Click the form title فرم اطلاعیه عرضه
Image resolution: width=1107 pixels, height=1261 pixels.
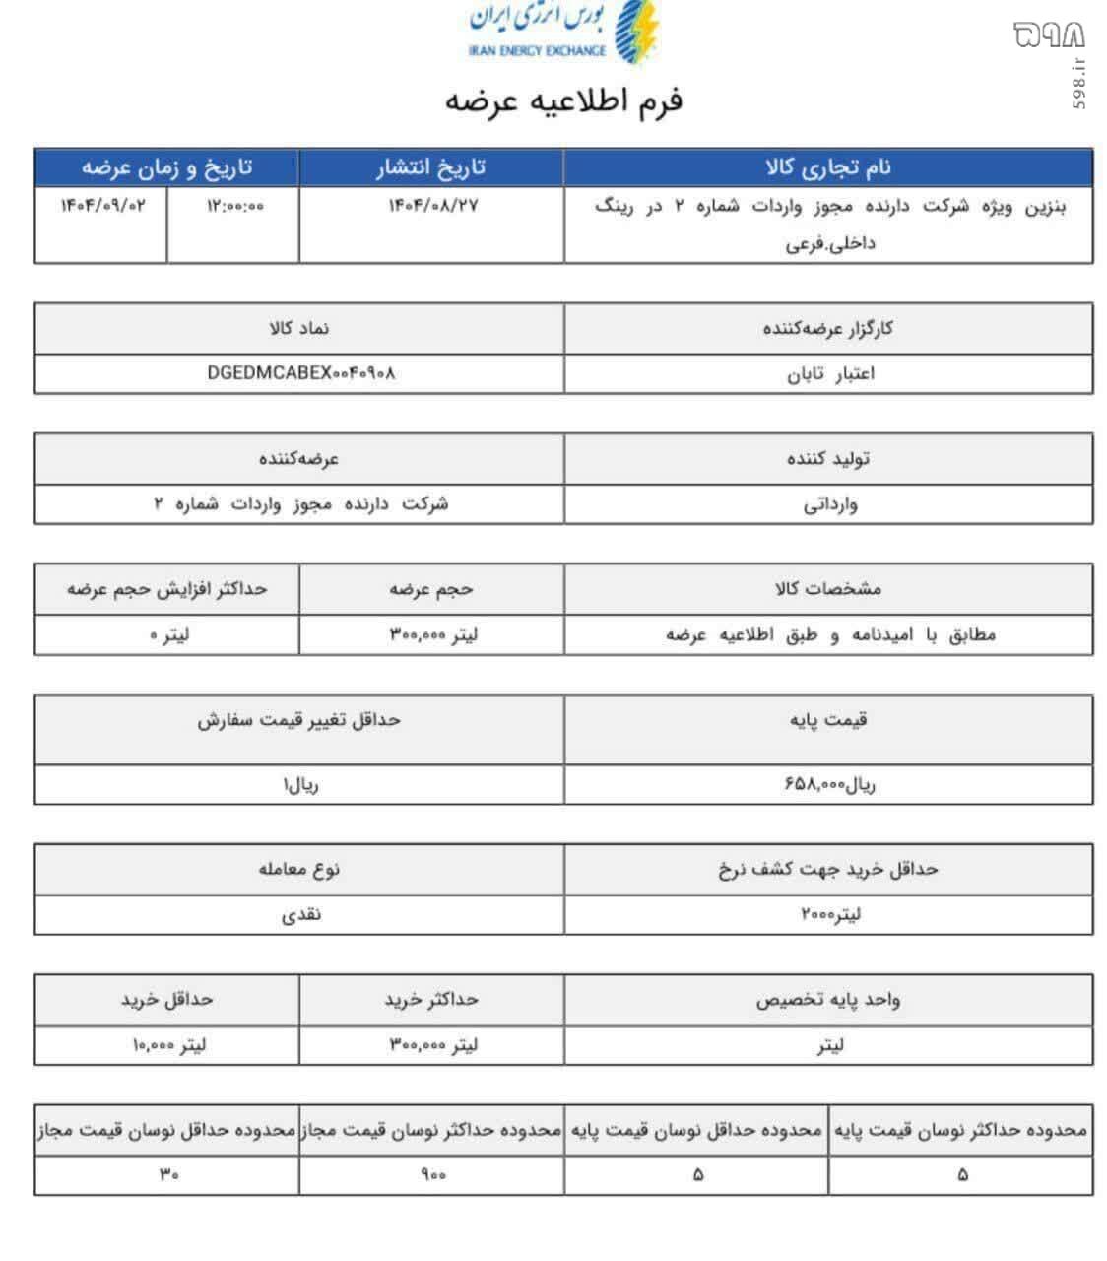click(563, 101)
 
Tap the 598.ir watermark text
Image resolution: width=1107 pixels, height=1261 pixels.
click(1080, 85)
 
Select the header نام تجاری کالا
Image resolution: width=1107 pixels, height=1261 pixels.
click(828, 167)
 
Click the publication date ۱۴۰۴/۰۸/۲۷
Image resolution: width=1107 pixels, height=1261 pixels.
click(432, 206)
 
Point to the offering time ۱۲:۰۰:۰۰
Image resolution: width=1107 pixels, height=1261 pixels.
click(234, 206)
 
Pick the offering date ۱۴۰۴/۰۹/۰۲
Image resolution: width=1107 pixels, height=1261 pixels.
click(101, 206)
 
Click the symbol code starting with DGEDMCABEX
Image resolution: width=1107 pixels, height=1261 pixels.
click(301, 373)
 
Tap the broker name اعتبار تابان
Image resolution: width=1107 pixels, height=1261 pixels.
click(830, 374)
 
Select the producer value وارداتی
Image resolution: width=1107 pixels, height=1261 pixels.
click(830, 504)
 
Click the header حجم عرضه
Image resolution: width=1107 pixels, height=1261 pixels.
click(431, 589)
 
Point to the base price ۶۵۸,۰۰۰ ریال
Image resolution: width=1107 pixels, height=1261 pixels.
click(829, 784)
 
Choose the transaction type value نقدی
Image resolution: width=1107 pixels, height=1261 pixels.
click(300, 914)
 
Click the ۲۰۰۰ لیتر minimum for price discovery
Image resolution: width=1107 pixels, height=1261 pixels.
click(830, 914)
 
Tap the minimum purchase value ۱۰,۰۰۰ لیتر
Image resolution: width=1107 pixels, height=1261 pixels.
click(168, 1045)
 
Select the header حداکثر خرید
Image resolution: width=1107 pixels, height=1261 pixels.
click(431, 1000)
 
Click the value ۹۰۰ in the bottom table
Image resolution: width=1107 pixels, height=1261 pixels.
click(432, 1174)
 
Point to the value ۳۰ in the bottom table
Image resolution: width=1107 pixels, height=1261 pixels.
click(168, 1174)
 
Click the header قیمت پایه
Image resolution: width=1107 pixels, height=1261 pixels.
click(828, 720)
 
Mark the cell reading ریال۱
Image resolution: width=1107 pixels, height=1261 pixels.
click(300, 785)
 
